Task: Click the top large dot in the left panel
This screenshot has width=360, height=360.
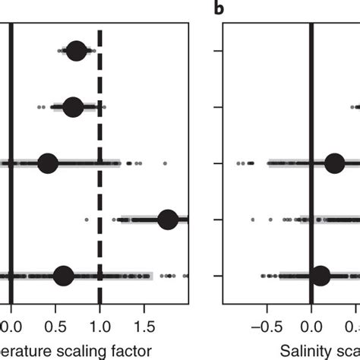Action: pyautogui.click(x=76, y=52)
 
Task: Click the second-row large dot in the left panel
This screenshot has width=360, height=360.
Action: pyautogui.click(x=73, y=107)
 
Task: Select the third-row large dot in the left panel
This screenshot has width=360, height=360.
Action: pyautogui.click(x=47, y=163)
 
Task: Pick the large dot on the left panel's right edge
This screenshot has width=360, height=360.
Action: pyautogui.click(x=168, y=219)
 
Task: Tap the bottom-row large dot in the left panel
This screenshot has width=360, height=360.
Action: pyautogui.click(x=65, y=276)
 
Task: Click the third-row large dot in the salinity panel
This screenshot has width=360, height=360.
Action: pyautogui.click(x=335, y=163)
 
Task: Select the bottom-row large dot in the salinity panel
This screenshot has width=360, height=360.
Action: pyautogui.click(x=321, y=276)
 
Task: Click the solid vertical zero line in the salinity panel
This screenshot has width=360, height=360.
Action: pyautogui.click(x=311, y=91)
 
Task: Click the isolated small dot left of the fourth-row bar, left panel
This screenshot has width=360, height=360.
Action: pyautogui.click(x=87, y=219)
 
